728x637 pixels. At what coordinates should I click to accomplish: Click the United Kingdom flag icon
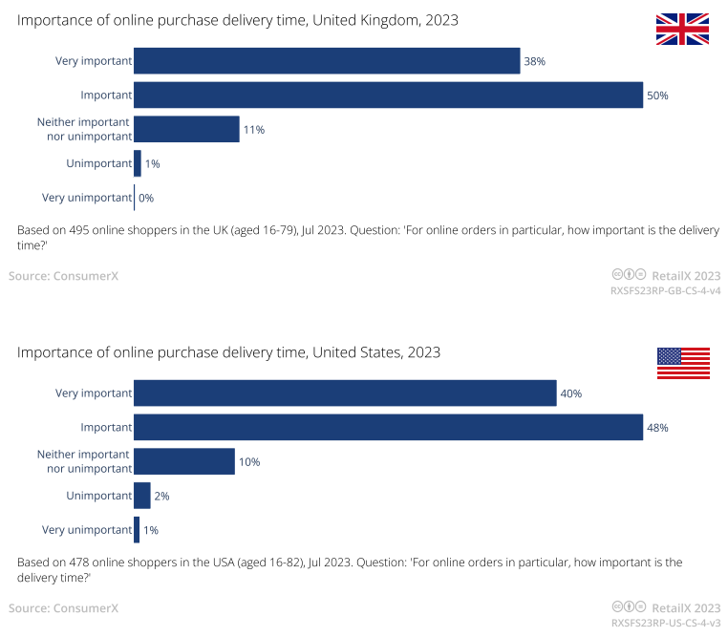click(x=682, y=30)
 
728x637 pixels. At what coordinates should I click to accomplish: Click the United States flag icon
click(x=682, y=363)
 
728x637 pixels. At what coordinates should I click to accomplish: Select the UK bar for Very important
click(x=326, y=61)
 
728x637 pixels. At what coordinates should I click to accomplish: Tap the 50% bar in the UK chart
click(x=387, y=96)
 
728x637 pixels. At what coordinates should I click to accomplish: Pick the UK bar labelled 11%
click(x=186, y=129)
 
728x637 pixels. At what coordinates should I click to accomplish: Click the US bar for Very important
click(x=344, y=393)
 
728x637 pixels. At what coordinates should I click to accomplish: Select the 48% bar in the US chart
click(x=387, y=427)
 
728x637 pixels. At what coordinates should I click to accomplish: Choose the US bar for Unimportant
click(x=141, y=496)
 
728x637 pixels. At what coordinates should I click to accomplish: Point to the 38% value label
click(x=534, y=62)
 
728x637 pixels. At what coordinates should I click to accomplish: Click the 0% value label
click(x=146, y=198)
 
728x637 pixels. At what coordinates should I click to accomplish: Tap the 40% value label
click(x=571, y=393)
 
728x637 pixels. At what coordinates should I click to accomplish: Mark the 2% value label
click(x=161, y=496)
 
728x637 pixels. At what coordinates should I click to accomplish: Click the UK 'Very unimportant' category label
click(x=86, y=198)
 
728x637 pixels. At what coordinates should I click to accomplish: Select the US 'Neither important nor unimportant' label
click(x=84, y=461)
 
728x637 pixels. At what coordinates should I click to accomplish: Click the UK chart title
click(x=237, y=20)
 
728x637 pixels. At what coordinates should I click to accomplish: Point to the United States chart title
click(x=228, y=352)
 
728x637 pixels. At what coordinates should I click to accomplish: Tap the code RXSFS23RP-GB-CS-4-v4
click(x=665, y=290)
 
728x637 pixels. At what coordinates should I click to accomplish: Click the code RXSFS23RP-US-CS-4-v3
click(x=665, y=623)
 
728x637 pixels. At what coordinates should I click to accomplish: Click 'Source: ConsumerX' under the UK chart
click(x=63, y=276)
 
